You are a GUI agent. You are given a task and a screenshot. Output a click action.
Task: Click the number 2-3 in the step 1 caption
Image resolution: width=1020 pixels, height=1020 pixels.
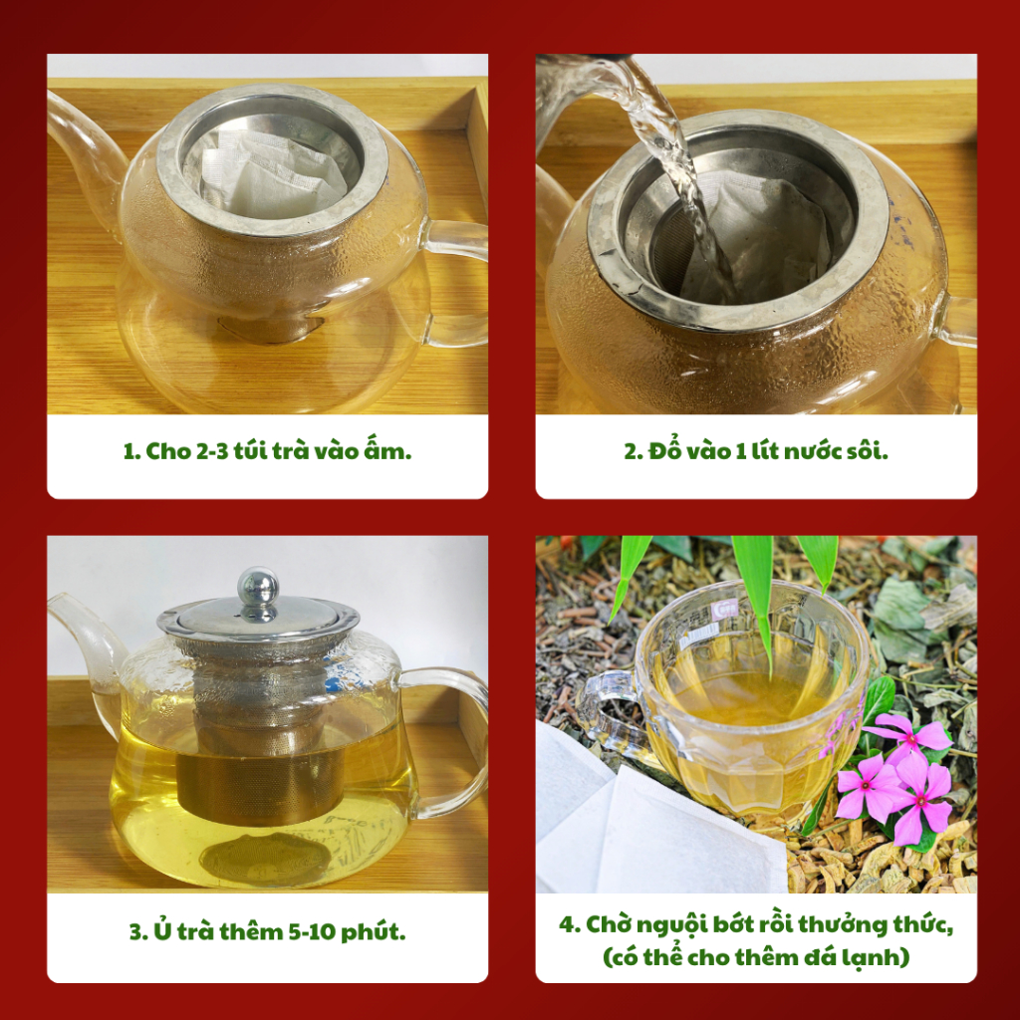[x=212, y=451]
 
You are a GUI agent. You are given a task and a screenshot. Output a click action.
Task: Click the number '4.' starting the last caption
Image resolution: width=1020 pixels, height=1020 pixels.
[x=570, y=924]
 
